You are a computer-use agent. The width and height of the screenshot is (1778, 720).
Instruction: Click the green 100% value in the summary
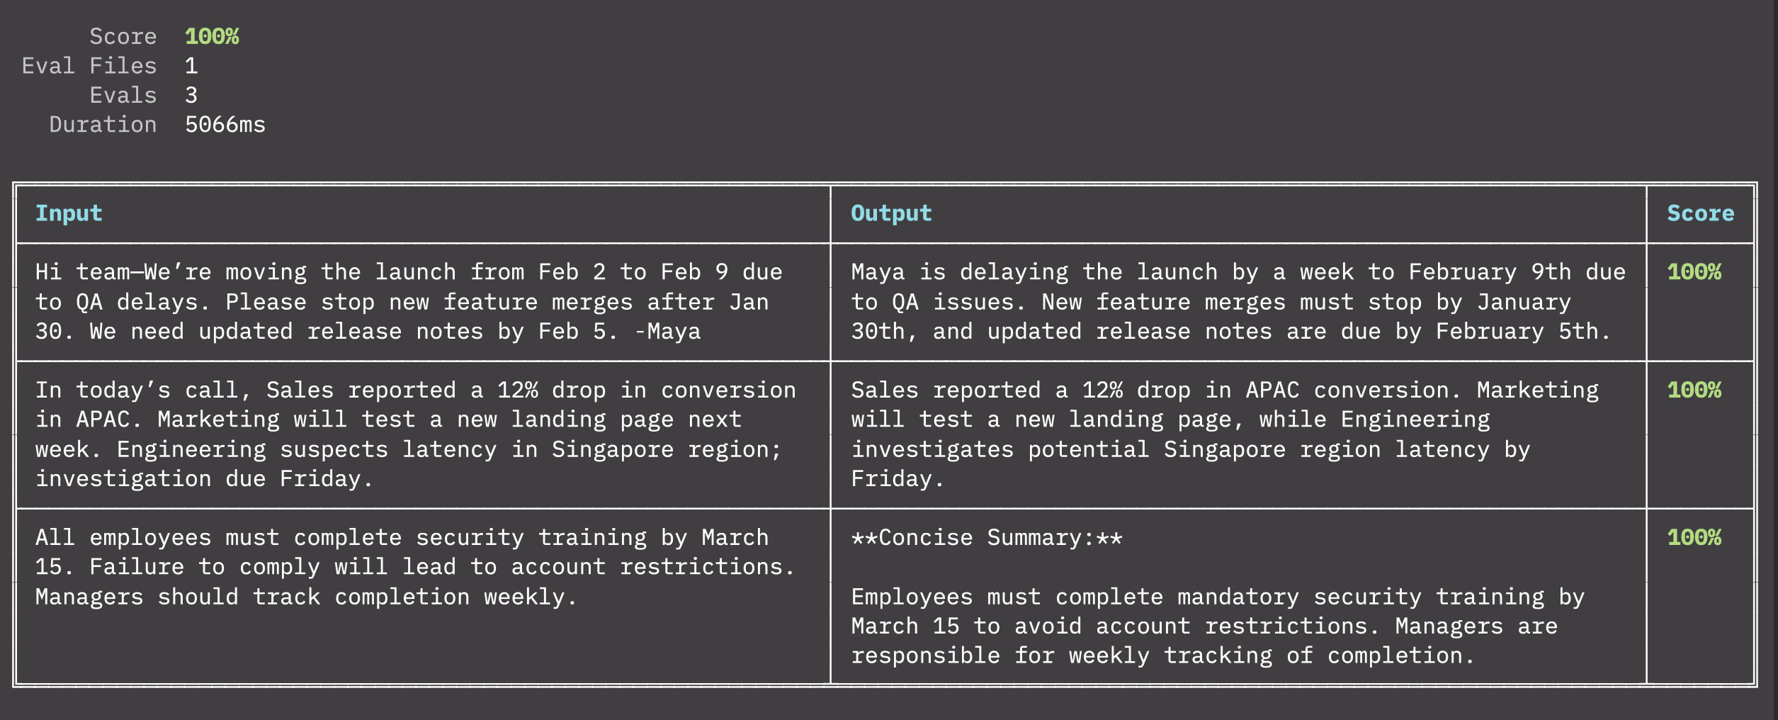click(212, 36)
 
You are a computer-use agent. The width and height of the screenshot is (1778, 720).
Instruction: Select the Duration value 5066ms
click(225, 125)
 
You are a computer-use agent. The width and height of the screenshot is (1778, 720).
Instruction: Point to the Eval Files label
click(89, 66)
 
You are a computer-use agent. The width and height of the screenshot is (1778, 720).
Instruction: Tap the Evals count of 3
click(191, 95)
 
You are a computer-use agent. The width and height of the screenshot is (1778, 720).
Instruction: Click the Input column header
click(69, 213)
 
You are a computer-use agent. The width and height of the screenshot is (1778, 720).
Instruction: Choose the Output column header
click(891, 213)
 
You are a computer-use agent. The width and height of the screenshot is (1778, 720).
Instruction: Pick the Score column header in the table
click(1700, 213)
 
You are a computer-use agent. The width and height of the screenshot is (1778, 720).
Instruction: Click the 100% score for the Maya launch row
click(1694, 272)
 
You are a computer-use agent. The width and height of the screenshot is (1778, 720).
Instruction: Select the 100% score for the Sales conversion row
click(1694, 390)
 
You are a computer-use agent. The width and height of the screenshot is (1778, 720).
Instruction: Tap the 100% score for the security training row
click(1694, 538)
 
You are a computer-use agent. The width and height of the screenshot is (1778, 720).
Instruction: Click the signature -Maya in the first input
click(667, 332)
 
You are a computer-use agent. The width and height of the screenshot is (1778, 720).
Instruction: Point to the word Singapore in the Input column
click(613, 450)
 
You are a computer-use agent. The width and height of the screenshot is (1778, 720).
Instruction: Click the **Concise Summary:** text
click(987, 538)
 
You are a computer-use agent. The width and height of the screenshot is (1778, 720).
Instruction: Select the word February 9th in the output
click(1490, 272)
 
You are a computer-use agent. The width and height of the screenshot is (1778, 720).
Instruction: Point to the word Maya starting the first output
click(878, 272)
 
